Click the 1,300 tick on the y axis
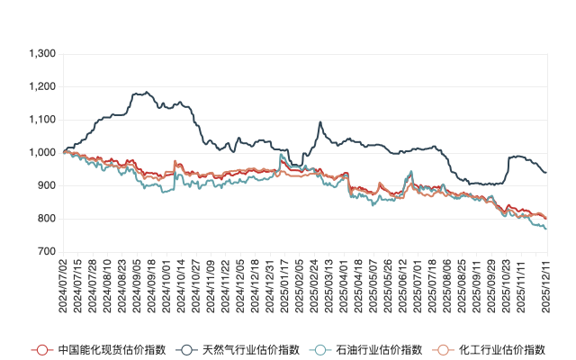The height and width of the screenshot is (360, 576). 42,54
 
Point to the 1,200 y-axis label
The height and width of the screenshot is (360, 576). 42,87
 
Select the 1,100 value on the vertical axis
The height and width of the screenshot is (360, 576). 42,120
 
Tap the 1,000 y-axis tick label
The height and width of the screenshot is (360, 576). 42,153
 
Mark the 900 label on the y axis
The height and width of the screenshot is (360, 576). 47,185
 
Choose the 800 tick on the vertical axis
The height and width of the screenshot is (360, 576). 47,219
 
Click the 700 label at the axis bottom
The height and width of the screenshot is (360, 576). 47,252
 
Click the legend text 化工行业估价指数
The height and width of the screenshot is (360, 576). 502,349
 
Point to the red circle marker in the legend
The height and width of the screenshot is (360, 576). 39,349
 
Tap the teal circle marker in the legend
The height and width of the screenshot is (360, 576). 319,349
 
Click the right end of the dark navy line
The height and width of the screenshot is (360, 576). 546,172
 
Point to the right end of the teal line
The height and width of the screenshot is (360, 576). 546,229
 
